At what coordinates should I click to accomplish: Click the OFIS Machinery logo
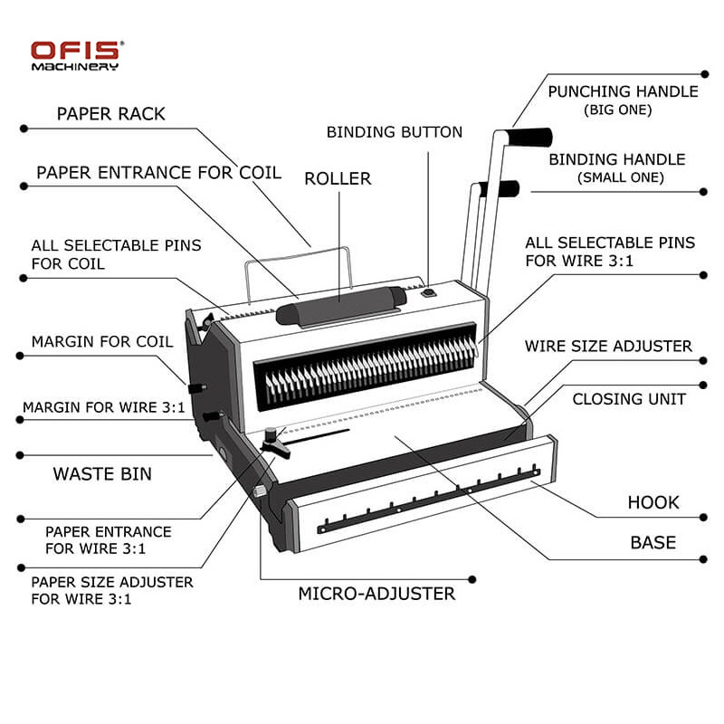tap(77, 55)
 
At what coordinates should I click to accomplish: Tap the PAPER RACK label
tap(111, 114)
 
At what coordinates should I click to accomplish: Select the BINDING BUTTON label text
tap(395, 132)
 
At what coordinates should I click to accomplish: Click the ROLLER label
tap(338, 178)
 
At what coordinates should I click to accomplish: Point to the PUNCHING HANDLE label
tap(623, 91)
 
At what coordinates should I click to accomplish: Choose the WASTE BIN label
tap(102, 473)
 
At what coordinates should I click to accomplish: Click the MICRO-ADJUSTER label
tap(376, 594)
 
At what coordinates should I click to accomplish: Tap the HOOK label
tap(653, 502)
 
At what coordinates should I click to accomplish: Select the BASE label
tap(653, 542)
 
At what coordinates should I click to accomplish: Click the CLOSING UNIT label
tap(629, 399)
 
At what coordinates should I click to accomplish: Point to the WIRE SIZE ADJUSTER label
tap(608, 347)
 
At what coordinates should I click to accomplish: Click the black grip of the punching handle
tap(529, 137)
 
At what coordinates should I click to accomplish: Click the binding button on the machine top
tap(429, 291)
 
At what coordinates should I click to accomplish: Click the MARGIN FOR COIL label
tap(101, 342)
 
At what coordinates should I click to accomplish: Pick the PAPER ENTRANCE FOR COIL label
tap(158, 172)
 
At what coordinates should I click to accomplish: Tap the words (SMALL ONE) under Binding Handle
tap(621, 177)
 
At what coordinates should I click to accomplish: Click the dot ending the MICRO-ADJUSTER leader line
tap(472, 578)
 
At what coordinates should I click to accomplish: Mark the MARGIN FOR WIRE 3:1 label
tap(104, 407)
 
